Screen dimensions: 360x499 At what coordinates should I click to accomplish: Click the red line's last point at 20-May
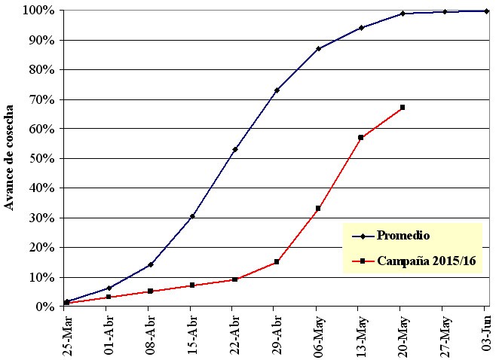[x=403, y=108]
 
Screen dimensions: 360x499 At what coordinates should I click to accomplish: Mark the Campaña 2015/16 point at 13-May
[x=361, y=138]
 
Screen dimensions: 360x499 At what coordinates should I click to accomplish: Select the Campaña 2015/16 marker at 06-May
[x=319, y=209]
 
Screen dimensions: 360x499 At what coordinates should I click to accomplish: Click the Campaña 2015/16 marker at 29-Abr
[x=277, y=262]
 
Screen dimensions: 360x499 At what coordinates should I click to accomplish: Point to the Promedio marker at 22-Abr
[x=235, y=149]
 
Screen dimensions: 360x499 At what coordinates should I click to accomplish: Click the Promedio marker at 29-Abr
[x=277, y=90]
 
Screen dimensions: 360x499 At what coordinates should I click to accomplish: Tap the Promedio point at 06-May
[x=319, y=49]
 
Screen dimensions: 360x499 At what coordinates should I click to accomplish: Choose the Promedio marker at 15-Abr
[x=193, y=216]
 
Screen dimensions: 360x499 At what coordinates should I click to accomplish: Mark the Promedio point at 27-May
[x=445, y=12]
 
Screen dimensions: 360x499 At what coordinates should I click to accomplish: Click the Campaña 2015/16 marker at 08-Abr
[x=151, y=291]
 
